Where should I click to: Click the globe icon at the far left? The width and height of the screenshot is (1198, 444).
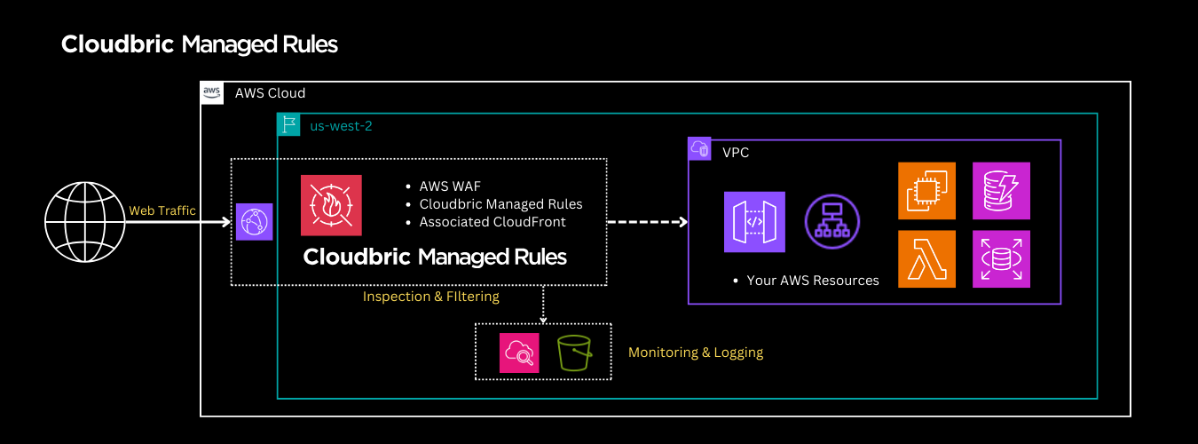tap(84, 222)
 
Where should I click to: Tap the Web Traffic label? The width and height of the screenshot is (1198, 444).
tap(162, 210)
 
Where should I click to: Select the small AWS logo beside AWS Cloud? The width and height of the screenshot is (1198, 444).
tap(211, 92)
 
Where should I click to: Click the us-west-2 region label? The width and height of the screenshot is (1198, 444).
tap(341, 126)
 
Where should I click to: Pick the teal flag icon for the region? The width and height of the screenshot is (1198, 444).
tap(288, 125)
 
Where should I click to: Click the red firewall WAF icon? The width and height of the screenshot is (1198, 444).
tap(331, 205)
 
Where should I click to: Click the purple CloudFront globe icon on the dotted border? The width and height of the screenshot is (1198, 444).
tap(254, 222)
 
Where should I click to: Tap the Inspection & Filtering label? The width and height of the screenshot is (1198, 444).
tap(431, 297)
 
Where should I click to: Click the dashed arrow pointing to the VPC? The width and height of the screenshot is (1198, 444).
tap(647, 222)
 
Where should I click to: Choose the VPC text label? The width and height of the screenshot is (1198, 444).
tap(736, 153)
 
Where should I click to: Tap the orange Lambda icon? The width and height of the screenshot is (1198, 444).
tap(926, 259)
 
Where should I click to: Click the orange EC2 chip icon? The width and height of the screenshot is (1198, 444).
tap(926, 190)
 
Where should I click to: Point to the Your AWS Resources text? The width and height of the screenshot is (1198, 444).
tap(813, 281)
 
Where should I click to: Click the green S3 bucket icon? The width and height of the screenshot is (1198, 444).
tap(574, 353)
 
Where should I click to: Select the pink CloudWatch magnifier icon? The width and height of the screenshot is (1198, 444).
tap(519, 353)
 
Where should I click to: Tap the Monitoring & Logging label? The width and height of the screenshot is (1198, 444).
tap(696, 353)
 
